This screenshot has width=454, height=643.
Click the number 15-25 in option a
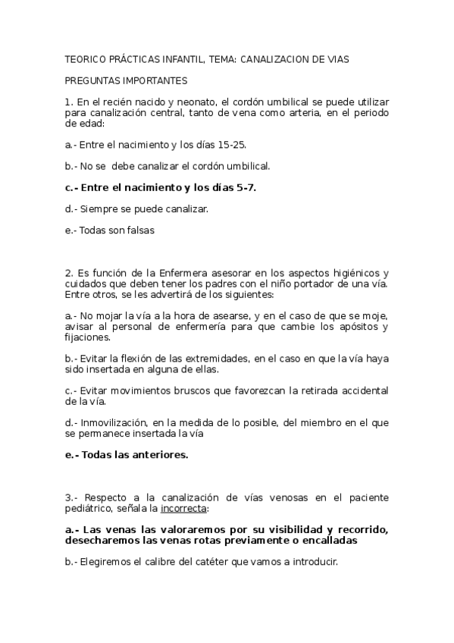coord(230,144)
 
